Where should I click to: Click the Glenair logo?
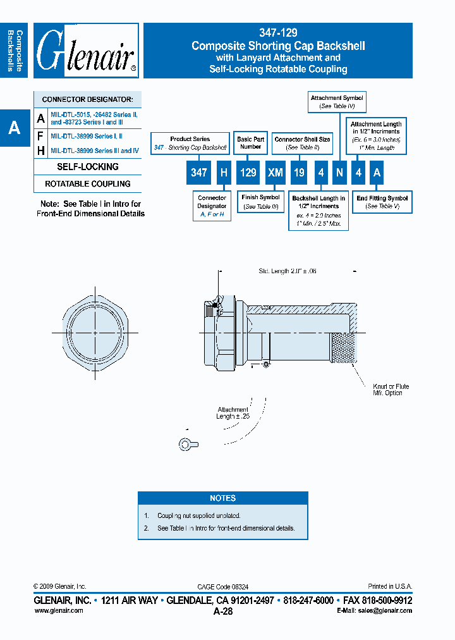click(86, 51)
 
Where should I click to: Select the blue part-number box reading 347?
click(198, 172)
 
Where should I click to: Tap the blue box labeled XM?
click(276, 172)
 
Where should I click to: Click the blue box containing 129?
click(249, 172)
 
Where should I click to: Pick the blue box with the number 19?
click(300, 172)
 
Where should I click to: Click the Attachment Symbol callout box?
click(336, 102)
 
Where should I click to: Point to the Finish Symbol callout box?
click(260, 202)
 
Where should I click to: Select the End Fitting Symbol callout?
click(382, 202)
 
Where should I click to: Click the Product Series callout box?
click(190, 143)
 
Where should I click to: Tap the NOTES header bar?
click(222, 498)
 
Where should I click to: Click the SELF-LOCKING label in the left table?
click(87, 167)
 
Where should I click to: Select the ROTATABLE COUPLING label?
click(87, 184)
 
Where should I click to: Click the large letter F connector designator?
click(41, 135)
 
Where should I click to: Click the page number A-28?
click(223, 612)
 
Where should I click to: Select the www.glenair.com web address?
click(58, 611)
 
